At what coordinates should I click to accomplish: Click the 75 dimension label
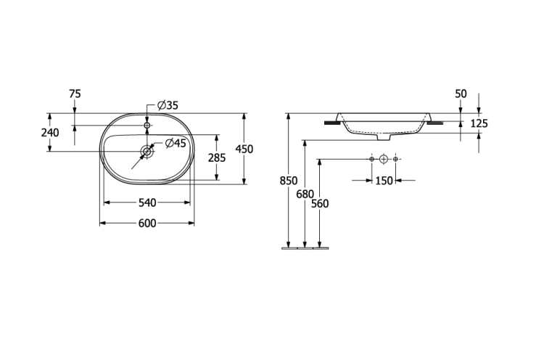[75, 94]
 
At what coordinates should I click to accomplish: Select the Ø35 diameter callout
[168, 105]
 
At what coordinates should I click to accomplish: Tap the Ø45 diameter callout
[176, 143]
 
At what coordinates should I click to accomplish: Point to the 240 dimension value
[50, 133]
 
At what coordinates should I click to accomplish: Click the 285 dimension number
[217, 158]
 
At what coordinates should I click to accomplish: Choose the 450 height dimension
[244, 150]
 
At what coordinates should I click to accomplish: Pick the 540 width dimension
[147, 202]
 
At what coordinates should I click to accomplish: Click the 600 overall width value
[147, 224]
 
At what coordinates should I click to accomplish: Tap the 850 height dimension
[289, 181]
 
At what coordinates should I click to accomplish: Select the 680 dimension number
[305, 195]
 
